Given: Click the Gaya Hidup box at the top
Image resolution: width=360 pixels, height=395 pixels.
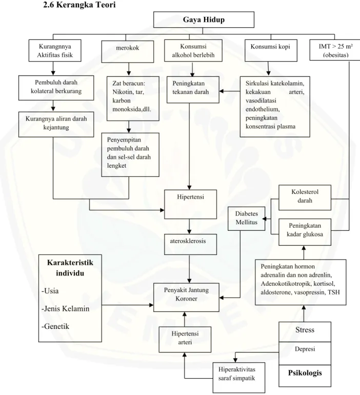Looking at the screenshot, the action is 204,19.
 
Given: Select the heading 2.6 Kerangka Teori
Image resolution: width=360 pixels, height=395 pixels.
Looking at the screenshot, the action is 79,5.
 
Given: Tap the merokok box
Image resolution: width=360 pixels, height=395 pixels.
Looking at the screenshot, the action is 127,52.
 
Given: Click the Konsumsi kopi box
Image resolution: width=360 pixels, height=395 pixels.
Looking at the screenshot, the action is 271,50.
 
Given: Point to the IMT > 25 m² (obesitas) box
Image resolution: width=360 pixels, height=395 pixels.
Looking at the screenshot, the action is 335,50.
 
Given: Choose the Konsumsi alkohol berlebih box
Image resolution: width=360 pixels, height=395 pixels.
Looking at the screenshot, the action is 193,50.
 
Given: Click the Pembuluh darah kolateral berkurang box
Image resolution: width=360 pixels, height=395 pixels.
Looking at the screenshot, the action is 56,88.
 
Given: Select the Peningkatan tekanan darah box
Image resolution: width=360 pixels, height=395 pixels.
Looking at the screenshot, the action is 193,90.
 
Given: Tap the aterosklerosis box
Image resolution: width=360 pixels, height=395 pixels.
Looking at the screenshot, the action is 190,244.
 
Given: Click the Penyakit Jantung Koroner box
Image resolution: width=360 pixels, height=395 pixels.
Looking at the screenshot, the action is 186,297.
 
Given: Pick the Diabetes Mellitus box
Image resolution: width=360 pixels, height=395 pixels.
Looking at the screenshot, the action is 247,219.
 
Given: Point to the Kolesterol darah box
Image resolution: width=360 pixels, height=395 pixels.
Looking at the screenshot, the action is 305,197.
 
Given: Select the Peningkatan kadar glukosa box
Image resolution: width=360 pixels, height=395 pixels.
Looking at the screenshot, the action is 305,232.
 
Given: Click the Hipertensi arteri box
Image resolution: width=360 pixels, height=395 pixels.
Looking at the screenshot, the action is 185,340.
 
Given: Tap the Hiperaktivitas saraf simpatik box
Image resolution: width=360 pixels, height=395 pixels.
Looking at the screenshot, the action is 239,378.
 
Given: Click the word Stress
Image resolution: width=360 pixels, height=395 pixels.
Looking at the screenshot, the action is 305,330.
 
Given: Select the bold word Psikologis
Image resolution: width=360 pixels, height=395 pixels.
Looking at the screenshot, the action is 305,373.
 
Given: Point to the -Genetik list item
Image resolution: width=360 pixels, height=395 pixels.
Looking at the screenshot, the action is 55,326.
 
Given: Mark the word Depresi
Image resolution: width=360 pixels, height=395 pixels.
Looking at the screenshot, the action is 305,349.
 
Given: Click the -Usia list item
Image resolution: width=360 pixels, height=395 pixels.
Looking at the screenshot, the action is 50,291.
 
